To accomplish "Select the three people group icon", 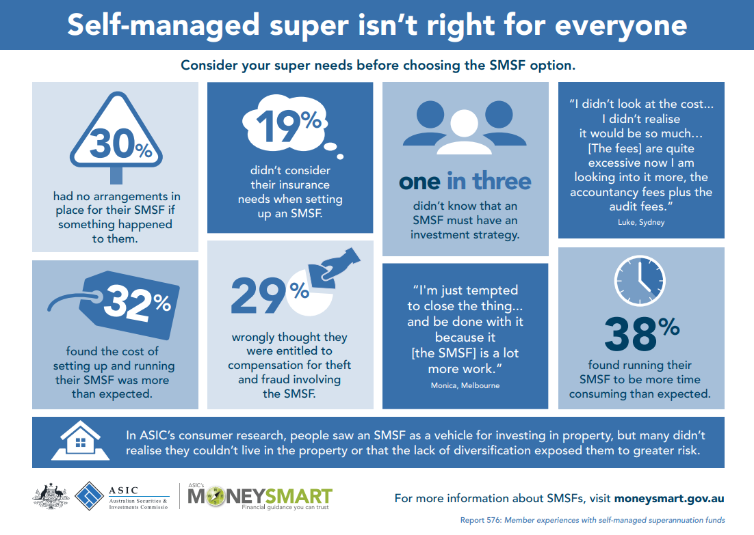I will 465,129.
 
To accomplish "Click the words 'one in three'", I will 465,181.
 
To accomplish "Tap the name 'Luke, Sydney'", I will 641,222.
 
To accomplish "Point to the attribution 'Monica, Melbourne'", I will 465,385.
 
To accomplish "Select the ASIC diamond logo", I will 89,496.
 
